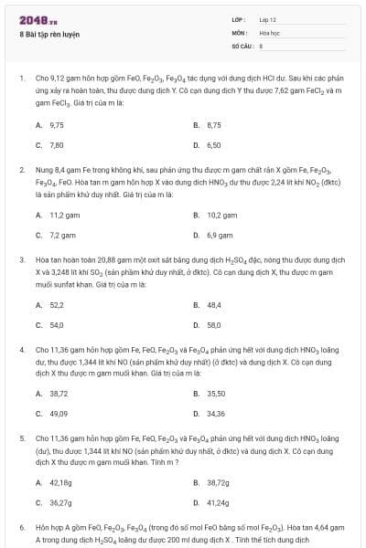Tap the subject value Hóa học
click(268, 31)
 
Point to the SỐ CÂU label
click(241, 44)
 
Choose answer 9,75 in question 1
click(56, 124)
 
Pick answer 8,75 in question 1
click(214, 124)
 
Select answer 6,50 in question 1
click(214, 145)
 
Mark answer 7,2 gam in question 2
click(62, 236)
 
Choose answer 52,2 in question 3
click(56, 305)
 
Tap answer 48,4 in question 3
click(214, 305)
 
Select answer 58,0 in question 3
click(214, 325)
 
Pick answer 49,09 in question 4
click(59, 414)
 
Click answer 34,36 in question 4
click(216, 414)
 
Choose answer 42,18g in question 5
click(60, 482)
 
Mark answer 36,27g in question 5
click(60, 502)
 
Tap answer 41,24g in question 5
click(218, 502)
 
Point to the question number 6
click(21, 528)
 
